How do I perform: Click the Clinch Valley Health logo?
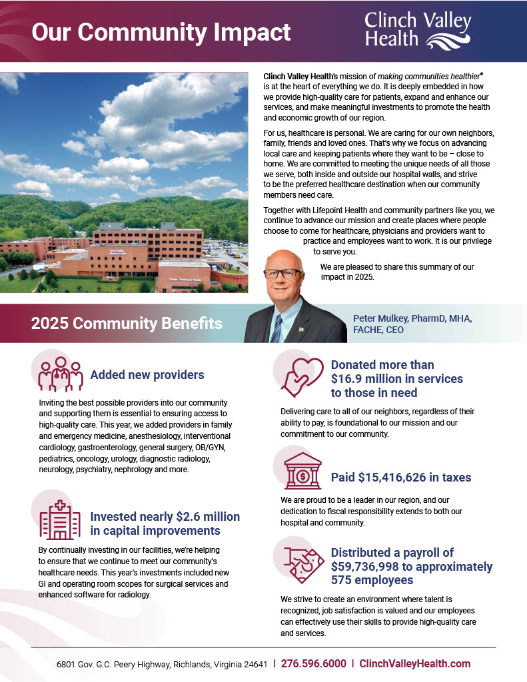click(418, 30)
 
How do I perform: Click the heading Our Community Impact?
click(161, 32)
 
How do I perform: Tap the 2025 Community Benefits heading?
click(127, 324)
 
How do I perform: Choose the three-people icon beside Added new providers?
click(60, 374)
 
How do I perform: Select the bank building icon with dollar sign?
click(302, 475)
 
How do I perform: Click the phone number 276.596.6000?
click(313, 664)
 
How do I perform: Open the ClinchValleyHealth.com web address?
click(414, 664)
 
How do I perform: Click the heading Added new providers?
click(147, 375)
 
